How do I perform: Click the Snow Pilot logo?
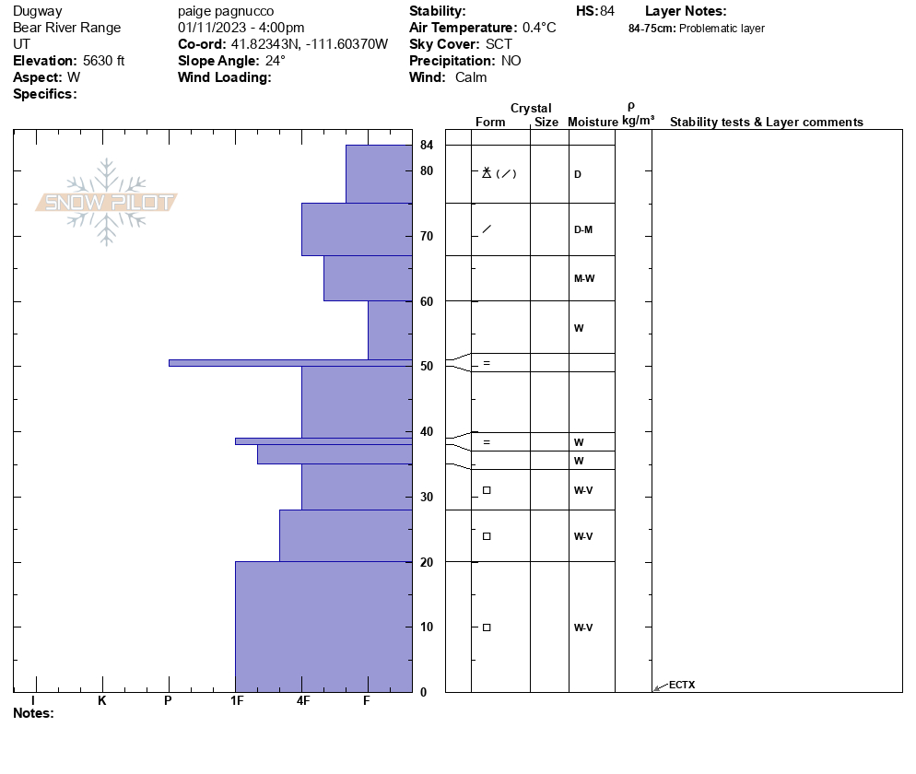pos(107,203)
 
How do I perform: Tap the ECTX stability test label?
pos(682,685)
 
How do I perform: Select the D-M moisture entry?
pos(582,229)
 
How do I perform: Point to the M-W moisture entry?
pos(583,278)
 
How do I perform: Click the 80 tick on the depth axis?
pos(427,171)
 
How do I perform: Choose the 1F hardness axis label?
pos(237,701)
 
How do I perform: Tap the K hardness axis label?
pos(101,701)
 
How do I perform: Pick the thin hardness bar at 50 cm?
pos(290,363)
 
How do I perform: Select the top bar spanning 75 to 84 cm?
pos(379,174)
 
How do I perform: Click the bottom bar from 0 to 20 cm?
pos(323,627)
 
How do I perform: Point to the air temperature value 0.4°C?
pos(539,28)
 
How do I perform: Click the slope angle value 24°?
pos(276,61)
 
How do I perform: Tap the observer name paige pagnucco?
pos(221,11)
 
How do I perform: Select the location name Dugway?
pos(38,11)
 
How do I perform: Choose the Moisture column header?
pos(593,123)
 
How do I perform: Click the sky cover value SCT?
pos(498,44)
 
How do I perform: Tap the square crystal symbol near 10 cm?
pos(487,627)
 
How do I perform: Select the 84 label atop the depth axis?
pos(427,146)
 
